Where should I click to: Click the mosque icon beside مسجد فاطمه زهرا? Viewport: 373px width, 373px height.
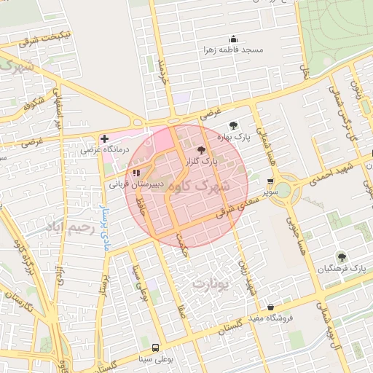234,39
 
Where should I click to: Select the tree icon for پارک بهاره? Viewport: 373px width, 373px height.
233,125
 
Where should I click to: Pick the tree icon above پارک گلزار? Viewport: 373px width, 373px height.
202,149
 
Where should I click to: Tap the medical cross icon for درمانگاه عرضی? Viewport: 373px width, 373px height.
105,138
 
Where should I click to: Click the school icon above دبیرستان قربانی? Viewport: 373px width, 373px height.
136,173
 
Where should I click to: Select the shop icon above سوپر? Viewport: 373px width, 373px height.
272,181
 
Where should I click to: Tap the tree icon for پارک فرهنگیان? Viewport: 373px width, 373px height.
340,256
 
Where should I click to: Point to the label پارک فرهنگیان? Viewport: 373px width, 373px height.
340,268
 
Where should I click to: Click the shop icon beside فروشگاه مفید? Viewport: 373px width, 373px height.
272,307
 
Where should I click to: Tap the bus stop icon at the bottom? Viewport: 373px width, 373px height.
155,348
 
